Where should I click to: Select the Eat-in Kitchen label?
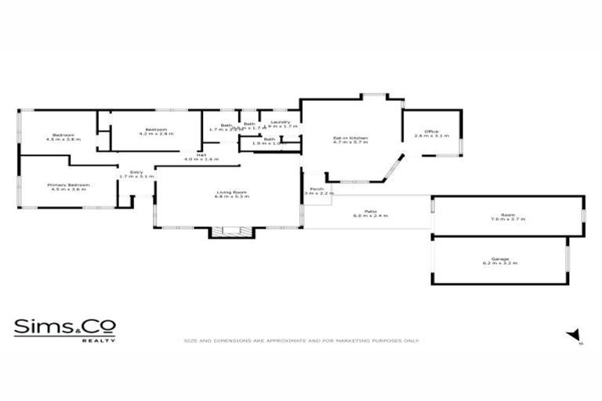tap(350, 139)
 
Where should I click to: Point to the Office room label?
tap(431, 131)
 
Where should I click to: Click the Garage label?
tap(499, 259)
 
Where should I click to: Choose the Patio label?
tap(370, 210)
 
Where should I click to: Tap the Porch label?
tap(317, 189)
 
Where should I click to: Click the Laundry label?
tap(281, 122)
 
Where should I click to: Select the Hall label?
tap(201, 155)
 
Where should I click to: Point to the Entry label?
tap(136, 172)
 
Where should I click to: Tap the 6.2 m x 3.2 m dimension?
tap(499, 264)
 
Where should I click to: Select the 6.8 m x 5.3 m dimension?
tap(232, 197)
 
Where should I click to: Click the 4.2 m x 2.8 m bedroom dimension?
tap(156, 134)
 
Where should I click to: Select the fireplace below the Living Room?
tap(231, 232)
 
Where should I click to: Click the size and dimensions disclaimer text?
tap(301, 341)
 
